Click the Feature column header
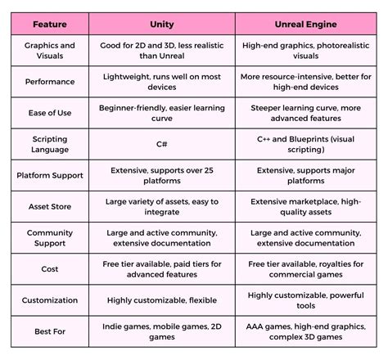coord(49,25)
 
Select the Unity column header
coord(162,25)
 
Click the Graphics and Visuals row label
coord(49,52)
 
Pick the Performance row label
coord(49,83)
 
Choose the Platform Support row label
coord(49,176)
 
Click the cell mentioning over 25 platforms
coord(162,176)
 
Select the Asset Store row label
coord(49,207)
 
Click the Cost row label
coord(49,269)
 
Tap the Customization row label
coord(49,300)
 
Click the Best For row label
coord(49,332)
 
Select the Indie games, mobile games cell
coord(162,332)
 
